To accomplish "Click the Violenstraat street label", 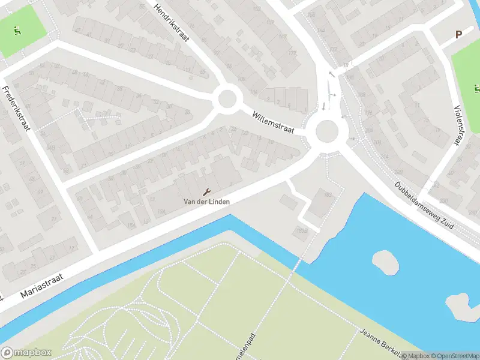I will [x=463, y=124].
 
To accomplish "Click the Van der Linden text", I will [x=207, y=202].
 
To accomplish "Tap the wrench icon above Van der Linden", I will [x=207, y=192].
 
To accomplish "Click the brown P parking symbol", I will [x=458, y=35].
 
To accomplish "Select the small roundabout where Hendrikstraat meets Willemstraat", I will [x=227, y=99].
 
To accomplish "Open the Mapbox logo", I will [x=26, y=353].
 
